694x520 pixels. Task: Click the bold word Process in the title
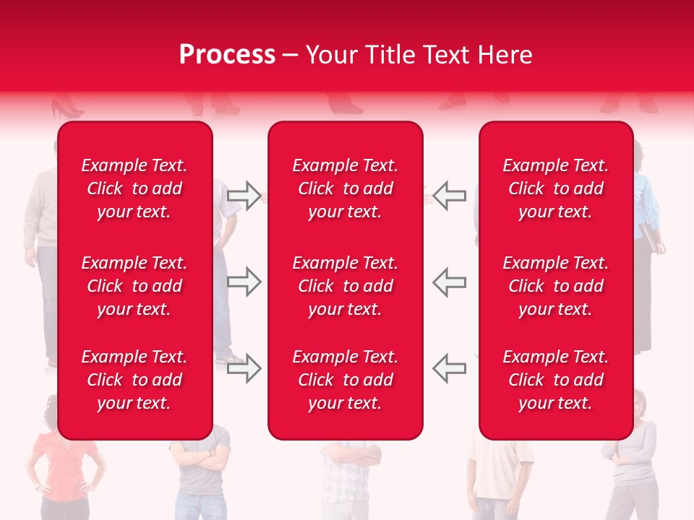point(227,55)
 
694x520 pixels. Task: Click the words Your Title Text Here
point(419,55)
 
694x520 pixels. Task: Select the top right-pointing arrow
point(244,196)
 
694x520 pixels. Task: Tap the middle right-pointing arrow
point(244,282)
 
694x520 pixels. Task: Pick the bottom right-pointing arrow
point(244,368)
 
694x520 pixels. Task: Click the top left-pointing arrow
point(450,196)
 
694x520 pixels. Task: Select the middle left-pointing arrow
point(450,282)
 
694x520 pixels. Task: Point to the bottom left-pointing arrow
point(450,368)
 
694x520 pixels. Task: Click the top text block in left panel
point(134,188)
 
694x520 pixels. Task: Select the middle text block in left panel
point(134,286)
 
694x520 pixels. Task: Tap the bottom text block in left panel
point(134,380)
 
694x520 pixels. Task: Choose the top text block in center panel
point(346,188)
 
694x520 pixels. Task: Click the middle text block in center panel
point(346,286)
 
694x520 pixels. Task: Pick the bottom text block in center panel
point(346,380)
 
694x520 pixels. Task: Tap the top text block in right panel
point(556,188)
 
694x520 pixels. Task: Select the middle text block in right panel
point(556,286)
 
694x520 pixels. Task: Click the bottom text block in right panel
point(556,380)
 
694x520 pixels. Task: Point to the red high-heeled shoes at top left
point(66,109)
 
